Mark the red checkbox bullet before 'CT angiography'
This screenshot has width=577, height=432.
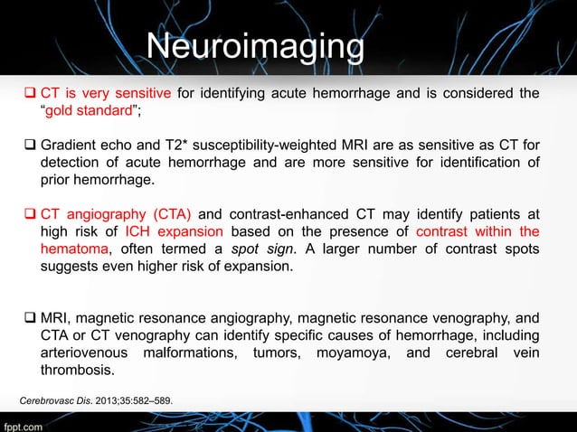point(28,214)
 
